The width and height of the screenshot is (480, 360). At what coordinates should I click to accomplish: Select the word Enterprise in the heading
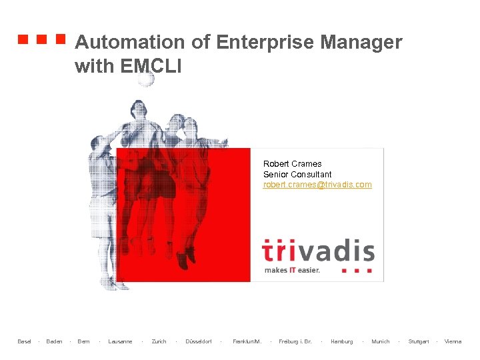[265, 43]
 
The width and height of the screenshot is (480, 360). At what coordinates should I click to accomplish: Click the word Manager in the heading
[361, 43]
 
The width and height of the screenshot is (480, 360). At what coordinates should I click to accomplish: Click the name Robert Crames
[292, 163]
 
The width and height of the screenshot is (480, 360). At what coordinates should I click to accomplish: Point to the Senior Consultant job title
[297, 174]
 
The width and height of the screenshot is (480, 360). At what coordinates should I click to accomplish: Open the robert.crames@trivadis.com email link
[317, 185]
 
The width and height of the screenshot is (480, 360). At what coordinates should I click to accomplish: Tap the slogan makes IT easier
[292, 270]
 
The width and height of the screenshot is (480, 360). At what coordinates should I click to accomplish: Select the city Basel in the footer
[24, 341]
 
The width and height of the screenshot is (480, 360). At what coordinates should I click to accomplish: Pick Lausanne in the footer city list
[120, 341]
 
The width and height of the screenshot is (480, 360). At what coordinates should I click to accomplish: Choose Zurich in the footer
[159, 341]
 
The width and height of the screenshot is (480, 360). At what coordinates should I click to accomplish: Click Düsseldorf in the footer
[198, 341]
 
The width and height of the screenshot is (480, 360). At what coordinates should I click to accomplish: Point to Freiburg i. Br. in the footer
[295, 341]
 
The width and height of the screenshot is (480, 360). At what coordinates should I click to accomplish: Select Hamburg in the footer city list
[341, 341]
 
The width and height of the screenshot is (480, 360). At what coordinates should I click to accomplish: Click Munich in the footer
[380, 341]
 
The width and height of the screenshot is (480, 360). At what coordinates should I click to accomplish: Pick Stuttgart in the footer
[418, 341]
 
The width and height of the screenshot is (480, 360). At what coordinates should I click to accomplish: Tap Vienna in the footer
[453, 341]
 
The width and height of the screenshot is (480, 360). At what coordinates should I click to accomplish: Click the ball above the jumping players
[145, 79]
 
